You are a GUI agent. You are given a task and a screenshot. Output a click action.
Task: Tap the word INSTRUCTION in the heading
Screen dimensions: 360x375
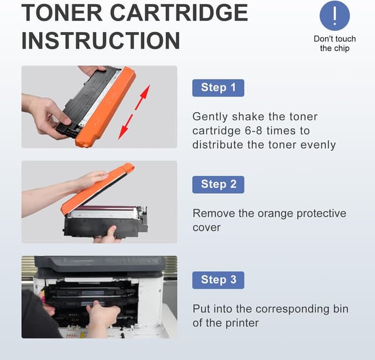(x=101, y=40)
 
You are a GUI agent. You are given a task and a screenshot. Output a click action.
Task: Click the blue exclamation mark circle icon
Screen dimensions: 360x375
(x=335, y=16)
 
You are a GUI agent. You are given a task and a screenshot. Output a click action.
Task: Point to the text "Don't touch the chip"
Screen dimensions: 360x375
(x=335, y=43)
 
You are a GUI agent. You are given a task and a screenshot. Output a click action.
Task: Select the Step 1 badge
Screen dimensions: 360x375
(x=218, y=88)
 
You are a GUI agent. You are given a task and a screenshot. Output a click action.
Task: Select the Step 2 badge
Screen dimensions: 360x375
(x=218, y=184)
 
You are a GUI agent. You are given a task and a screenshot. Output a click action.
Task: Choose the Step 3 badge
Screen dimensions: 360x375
(x=218, y=280)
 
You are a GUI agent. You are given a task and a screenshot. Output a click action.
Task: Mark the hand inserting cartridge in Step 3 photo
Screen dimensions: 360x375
(x=103, y=316)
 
